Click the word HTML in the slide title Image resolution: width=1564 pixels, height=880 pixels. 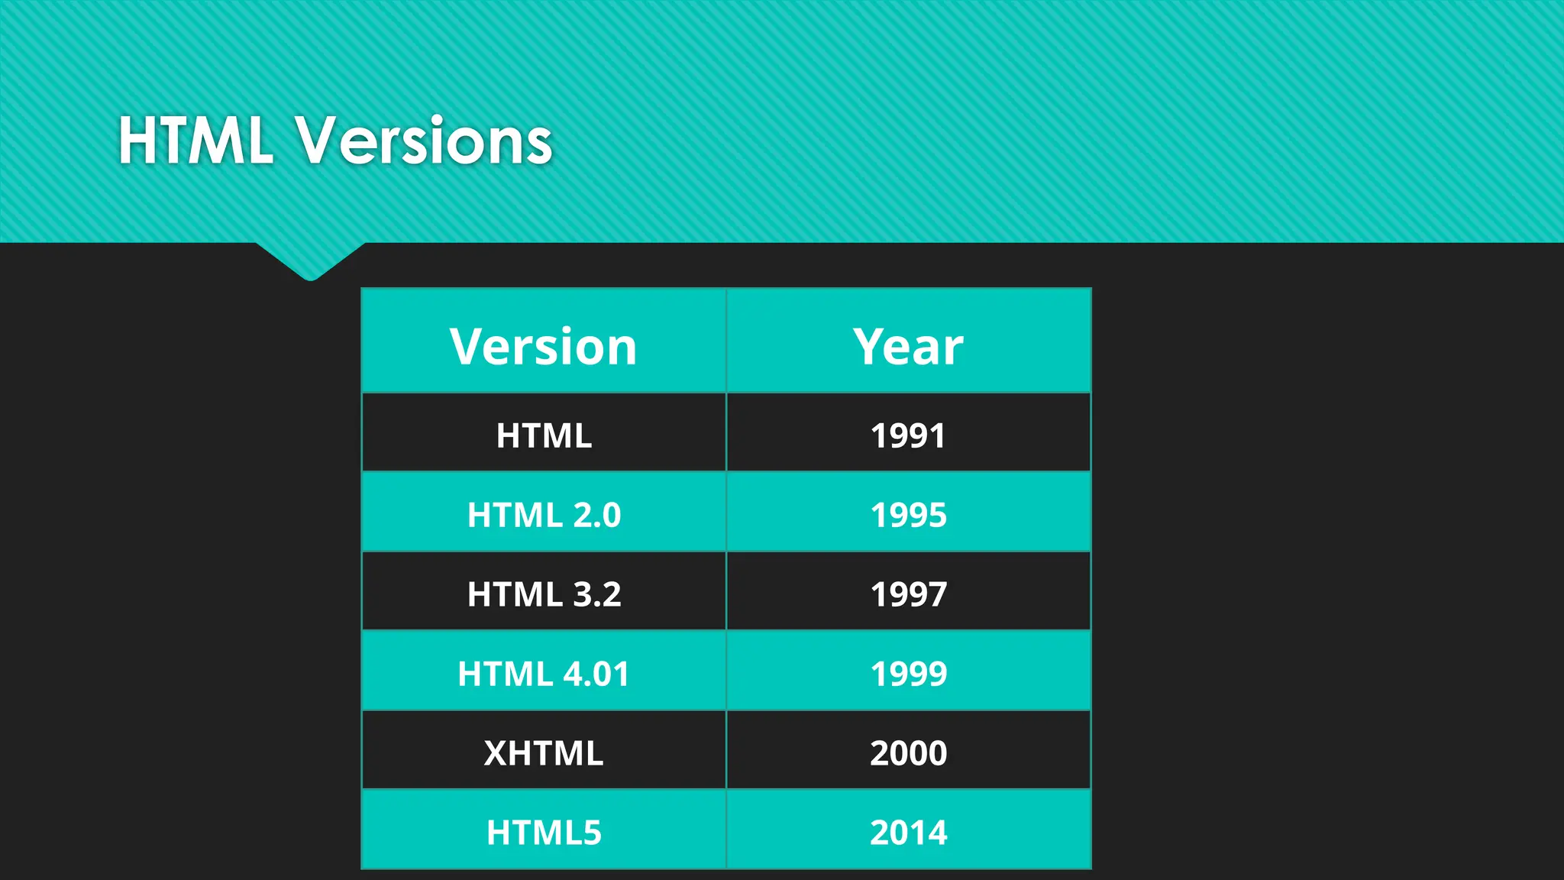[195, 141]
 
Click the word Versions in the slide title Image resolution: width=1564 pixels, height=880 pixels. [424, 141]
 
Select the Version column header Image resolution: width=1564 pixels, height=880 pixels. [543, 347]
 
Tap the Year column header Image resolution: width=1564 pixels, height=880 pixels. [908, 347]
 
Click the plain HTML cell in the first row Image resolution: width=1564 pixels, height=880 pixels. [544, 436]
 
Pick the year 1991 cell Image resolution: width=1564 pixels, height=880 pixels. [908, 436]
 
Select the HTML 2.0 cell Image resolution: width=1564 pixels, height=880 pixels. [544, 515]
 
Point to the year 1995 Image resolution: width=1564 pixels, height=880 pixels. [908, 515]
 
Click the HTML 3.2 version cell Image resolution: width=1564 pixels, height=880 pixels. [544, 594]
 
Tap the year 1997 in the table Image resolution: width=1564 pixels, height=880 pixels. [908, 594]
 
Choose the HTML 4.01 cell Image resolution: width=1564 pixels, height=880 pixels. [544, 674]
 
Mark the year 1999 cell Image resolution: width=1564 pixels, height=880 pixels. [908, 674]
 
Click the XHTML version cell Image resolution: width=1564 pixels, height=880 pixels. [544, 753]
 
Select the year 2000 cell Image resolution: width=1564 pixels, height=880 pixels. [908, 753]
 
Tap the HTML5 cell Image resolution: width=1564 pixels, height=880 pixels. [544, 833]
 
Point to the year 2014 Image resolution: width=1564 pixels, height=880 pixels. [908, 833]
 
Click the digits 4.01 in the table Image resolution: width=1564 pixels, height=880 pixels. [596, 674]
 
